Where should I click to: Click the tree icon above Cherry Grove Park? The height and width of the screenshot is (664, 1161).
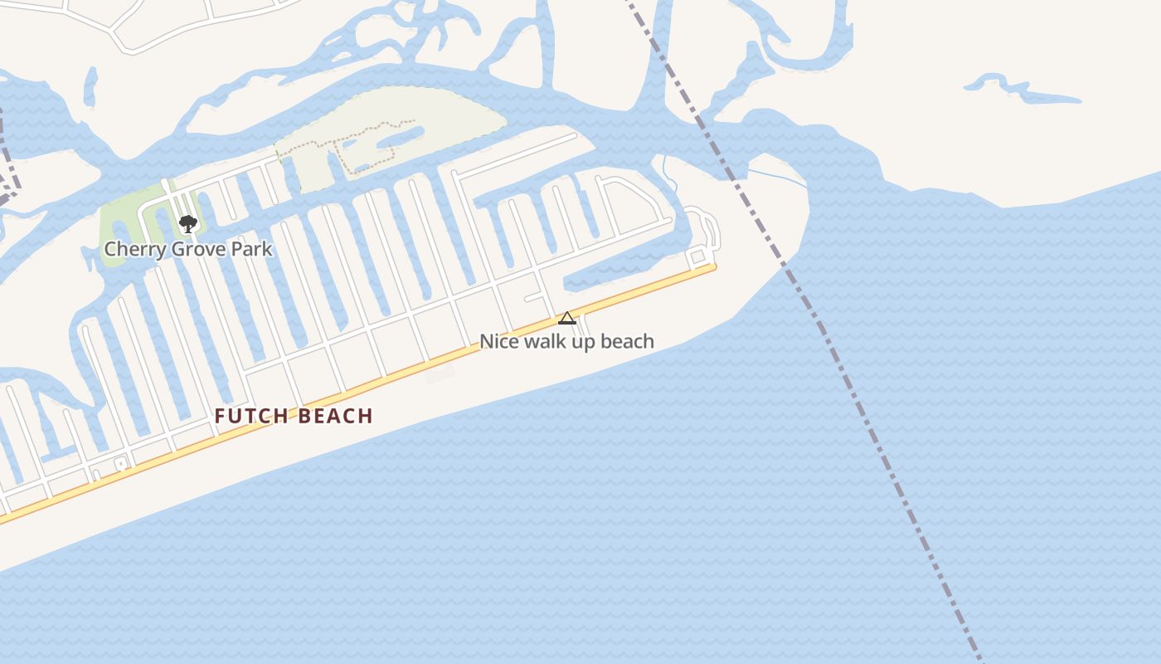pos(188,223)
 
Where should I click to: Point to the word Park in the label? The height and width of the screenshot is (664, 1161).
pos(252,249)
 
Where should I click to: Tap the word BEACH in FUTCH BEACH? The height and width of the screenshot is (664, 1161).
pos(336,417)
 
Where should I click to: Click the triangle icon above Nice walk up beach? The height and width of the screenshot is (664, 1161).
pos(567,318)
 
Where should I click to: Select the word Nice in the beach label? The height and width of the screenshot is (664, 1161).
pos(499,341)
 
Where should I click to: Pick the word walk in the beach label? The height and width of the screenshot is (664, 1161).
pos(547,341)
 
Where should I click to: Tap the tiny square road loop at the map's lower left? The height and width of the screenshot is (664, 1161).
pos(121,464)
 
